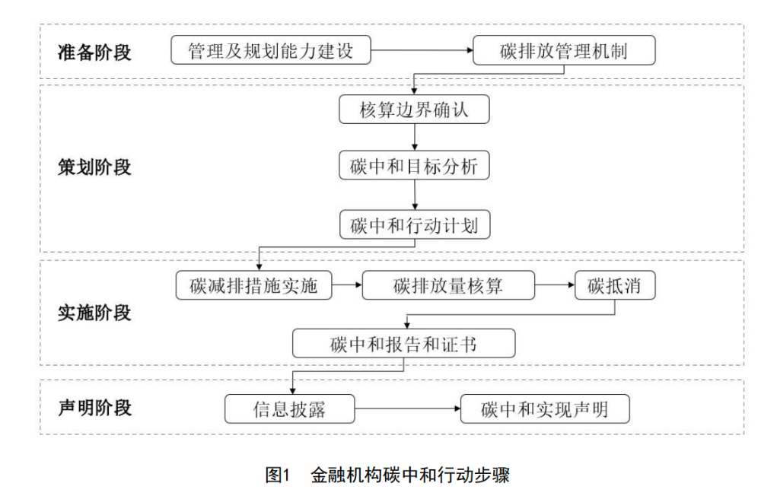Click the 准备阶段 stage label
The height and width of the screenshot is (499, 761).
94,52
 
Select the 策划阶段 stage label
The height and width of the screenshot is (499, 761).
94,167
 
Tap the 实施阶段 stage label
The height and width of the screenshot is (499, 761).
94,313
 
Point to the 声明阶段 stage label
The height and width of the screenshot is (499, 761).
94,408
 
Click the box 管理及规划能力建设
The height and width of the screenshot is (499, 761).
272,52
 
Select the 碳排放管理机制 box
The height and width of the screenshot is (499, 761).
563,52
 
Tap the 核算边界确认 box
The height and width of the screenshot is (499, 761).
414,110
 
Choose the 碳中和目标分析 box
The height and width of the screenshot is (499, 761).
414,167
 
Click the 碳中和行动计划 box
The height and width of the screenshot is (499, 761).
414,225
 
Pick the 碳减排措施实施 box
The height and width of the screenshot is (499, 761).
254,286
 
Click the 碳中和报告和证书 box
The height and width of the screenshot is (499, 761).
403,344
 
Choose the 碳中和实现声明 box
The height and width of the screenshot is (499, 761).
544,410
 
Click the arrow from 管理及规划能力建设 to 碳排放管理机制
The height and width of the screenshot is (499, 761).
422,52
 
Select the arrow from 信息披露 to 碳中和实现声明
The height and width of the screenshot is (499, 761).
408,410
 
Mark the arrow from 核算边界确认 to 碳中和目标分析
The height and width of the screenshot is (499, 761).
414,138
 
